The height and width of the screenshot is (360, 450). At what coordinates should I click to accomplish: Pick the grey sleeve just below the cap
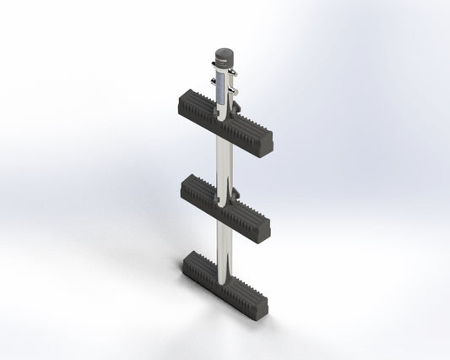point(221,83)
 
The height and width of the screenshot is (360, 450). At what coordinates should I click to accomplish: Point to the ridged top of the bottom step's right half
point(247,287)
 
